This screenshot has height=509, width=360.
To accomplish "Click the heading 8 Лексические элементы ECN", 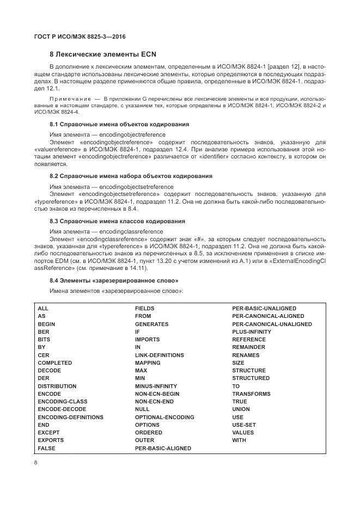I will [100, 54].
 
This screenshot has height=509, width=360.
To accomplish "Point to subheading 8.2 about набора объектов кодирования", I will [131, 176].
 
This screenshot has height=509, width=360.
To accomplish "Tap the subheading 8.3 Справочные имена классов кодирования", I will [117, 222].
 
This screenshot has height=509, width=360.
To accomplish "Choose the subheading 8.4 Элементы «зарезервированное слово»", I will [114, 280].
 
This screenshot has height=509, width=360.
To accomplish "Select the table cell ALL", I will [43, 309].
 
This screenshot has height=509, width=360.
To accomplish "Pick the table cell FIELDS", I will [144, 309].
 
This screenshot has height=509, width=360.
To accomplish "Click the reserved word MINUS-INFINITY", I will [156, 386].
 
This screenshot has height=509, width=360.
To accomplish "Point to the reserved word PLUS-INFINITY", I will [252, 332].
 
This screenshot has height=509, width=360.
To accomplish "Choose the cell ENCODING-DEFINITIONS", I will [70, 417].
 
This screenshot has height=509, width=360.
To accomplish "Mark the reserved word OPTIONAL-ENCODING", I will [164, 417].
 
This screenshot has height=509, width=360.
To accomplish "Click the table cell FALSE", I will [46, 448].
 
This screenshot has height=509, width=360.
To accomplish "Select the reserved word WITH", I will [239, 440].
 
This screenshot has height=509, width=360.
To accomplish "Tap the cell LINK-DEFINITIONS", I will [160, 355].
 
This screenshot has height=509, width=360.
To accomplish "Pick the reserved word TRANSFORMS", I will [251, 394].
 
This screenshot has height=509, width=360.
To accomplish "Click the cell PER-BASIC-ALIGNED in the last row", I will [163, 448].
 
